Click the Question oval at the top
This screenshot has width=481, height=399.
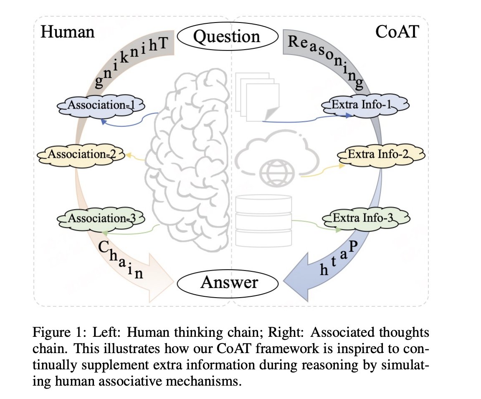coord(227,37)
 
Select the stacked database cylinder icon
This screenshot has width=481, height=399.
coord(263,222)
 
